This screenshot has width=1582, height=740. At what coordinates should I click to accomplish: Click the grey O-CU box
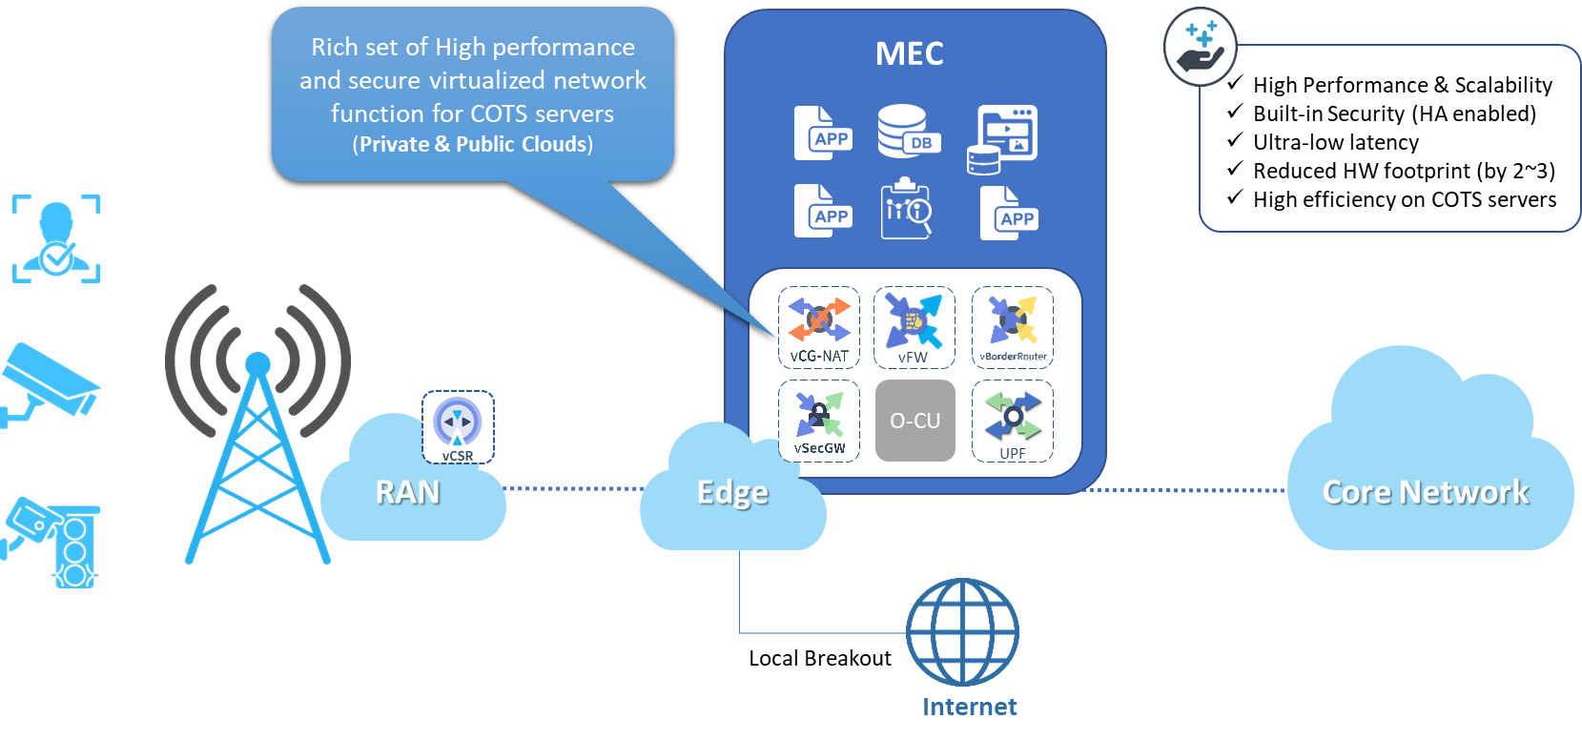click(x=914, y=421)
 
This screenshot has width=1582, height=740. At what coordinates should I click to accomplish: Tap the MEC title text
click(x=909, y=54)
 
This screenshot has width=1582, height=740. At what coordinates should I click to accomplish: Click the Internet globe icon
click(x=961, y=632)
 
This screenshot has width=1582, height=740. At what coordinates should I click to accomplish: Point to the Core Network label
click(x=1425, y=492)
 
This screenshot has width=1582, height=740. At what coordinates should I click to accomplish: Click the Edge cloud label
click(x=732, y=493)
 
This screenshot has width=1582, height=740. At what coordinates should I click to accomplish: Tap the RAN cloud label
click(x=407, y=492)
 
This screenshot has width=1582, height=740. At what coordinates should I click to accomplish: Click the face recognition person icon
click(x=56, y=238)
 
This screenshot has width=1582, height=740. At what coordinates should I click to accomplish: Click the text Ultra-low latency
click(x=1335, y=142)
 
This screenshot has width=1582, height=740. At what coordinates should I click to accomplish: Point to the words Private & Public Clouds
click(x=473, y=144)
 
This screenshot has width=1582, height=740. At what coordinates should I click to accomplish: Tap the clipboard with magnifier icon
click(x=906, y=209)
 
